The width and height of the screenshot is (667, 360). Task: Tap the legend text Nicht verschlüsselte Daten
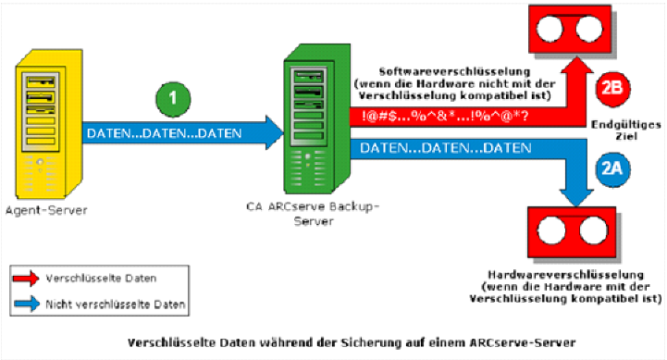[x=119, y=303]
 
